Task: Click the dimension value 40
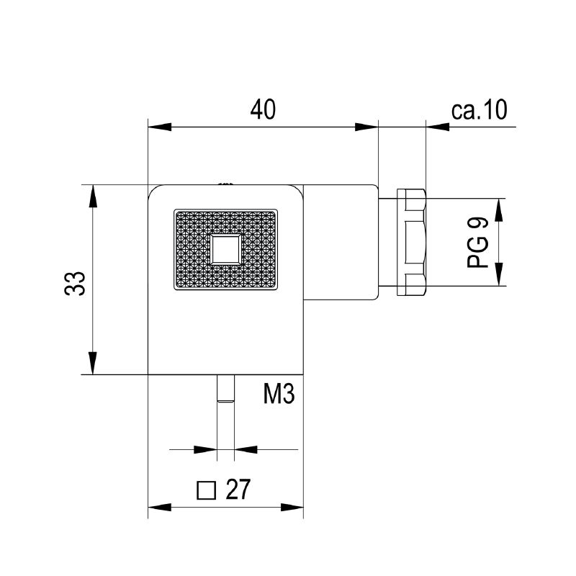click(263, 109)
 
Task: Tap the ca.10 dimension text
click(479, 109)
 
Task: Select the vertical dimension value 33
click(75, 283)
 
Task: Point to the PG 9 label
click(477, 242)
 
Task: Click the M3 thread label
click(279, 393)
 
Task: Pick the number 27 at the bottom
click(238, 489)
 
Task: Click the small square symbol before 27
click(206, 490)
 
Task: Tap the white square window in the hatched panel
click(226, 250)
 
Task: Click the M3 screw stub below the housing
click(225, 389)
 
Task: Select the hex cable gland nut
click(411, 242)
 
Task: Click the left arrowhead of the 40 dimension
click(159, 127)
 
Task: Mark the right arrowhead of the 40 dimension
click(366, 127)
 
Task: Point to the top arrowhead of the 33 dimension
click(93, 197)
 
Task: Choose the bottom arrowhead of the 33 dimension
click(93, 363)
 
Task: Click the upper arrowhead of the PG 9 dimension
click(498, 210)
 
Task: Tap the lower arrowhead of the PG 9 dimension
click(498, 274)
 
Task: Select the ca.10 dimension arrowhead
click(438, 127)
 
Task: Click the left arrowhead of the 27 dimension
click(159, 508)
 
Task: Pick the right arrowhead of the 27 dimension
click(292, 508)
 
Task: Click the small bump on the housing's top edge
click(225, 184)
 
